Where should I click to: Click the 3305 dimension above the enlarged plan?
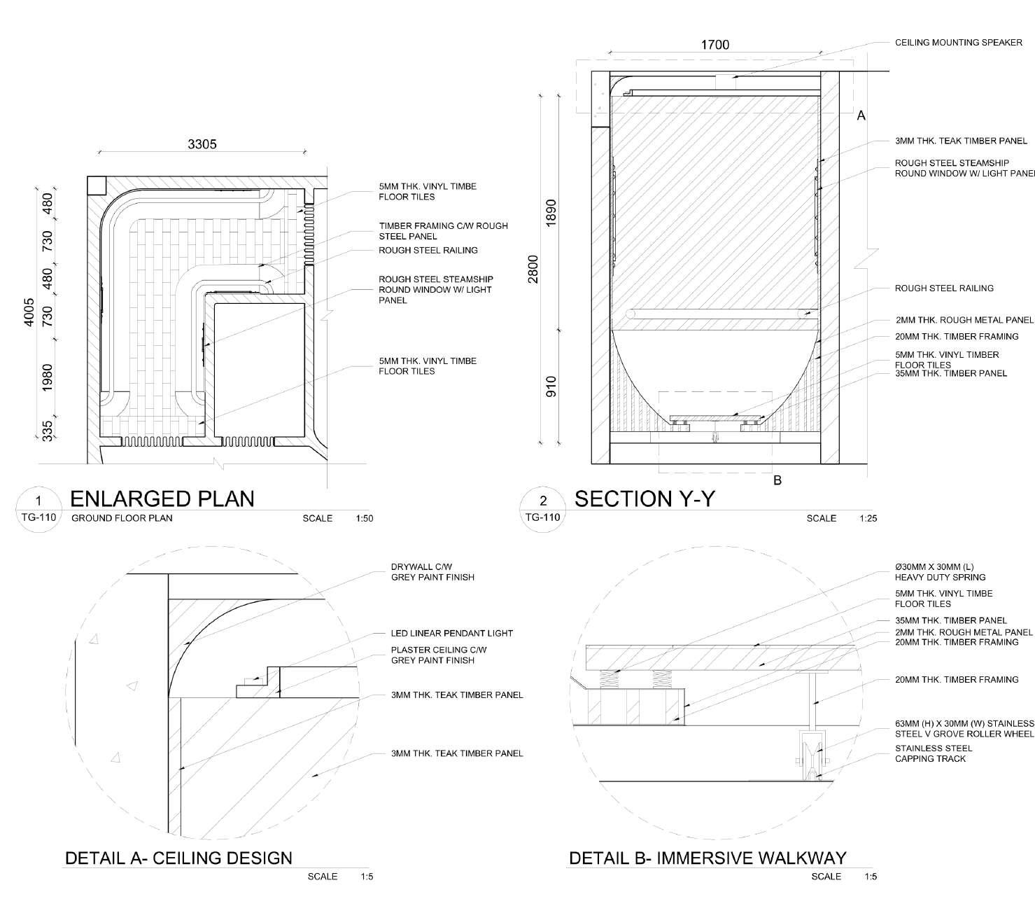[x=202, y=144]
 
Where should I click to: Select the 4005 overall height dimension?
[x=29, y=312]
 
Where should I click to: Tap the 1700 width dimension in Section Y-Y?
[x=714, y=45]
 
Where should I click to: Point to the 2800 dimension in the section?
[x=534, y=270]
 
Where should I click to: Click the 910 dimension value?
[x=551, y=386]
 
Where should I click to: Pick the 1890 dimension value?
[x=551, y=212]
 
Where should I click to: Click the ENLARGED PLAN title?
[x=162, y=499]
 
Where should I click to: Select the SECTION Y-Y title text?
[x=645, y=499]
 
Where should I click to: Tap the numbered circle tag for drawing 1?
[x=39, y=501]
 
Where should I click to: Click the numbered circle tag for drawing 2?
[x=543, y=501]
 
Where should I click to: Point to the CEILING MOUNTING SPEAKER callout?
[x=958, y=43]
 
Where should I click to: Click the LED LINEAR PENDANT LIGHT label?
[x=451, y=633]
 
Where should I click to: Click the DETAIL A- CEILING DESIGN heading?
[x=178, y=858]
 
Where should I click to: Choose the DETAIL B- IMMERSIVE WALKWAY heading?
[x=707, y=858]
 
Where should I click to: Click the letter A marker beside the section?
[x=861, y=116]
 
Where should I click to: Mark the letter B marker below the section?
[x=777, y=481]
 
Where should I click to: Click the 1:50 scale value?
[x=365, y=519]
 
